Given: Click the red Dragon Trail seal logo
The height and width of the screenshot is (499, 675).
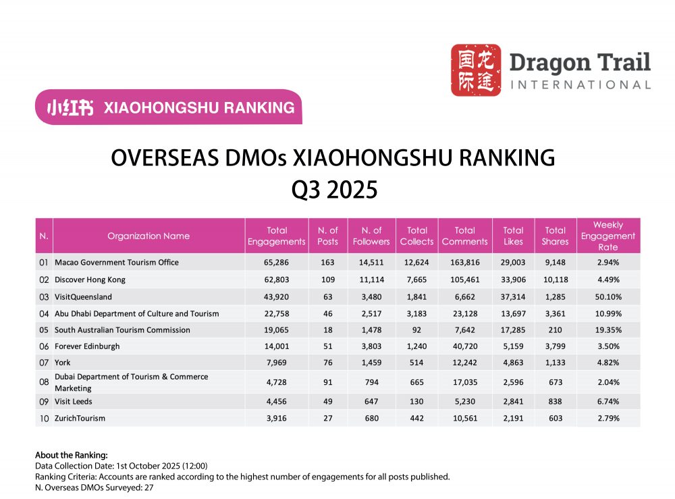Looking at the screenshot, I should click(476, 70).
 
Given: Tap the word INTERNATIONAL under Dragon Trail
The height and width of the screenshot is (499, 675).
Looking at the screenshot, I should click(580, 85).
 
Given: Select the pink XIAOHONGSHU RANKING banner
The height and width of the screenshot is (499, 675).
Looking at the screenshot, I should click(169, 107).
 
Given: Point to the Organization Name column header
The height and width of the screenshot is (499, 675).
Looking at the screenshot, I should click(148, 236).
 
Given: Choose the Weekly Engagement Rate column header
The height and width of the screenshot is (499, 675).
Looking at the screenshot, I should click(608, 236).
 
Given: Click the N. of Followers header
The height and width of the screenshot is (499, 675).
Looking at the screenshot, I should click(371, 236).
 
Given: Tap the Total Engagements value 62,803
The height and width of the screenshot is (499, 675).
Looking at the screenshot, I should click(276, 280).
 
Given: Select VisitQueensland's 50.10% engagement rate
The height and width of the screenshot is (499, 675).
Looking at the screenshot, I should click(608, 296).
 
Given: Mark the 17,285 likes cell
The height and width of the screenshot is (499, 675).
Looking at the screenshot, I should click(513, 330).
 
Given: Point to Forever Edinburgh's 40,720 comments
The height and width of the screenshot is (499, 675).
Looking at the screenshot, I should click(464, 347).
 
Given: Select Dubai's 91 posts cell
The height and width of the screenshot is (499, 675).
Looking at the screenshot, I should click(328, 383).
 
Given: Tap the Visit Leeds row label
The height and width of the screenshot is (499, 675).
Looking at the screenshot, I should click(74, 402).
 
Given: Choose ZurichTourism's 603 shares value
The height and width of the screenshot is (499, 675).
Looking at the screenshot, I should click(555, 419).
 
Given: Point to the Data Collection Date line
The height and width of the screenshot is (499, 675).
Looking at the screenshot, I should click(121, 466).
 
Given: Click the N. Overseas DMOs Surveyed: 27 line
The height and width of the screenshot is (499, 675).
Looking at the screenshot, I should click(94, 487).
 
